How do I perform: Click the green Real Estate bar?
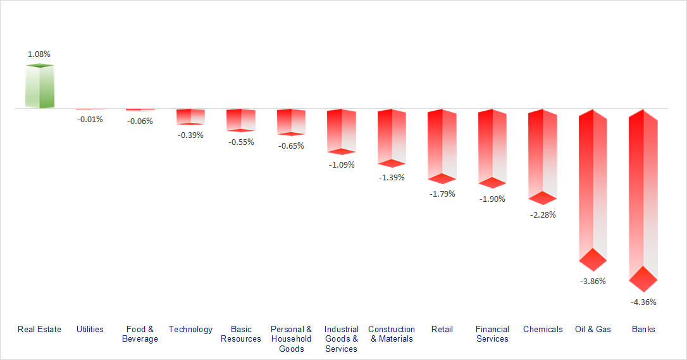[39, 87]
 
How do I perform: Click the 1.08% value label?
[39, 54]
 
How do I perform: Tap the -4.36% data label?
[643, 302]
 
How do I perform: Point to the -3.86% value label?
[593, 281]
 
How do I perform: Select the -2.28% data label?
[543, 215]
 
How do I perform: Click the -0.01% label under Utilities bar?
[90, 119]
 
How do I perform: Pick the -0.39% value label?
[190, 135]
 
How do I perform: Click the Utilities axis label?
[90, 329]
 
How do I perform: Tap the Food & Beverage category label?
[140, 334]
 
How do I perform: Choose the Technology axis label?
[190, 329]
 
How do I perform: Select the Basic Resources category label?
[241, 334]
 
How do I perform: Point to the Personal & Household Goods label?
[291, 339]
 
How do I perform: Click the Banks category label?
[643, 329]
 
